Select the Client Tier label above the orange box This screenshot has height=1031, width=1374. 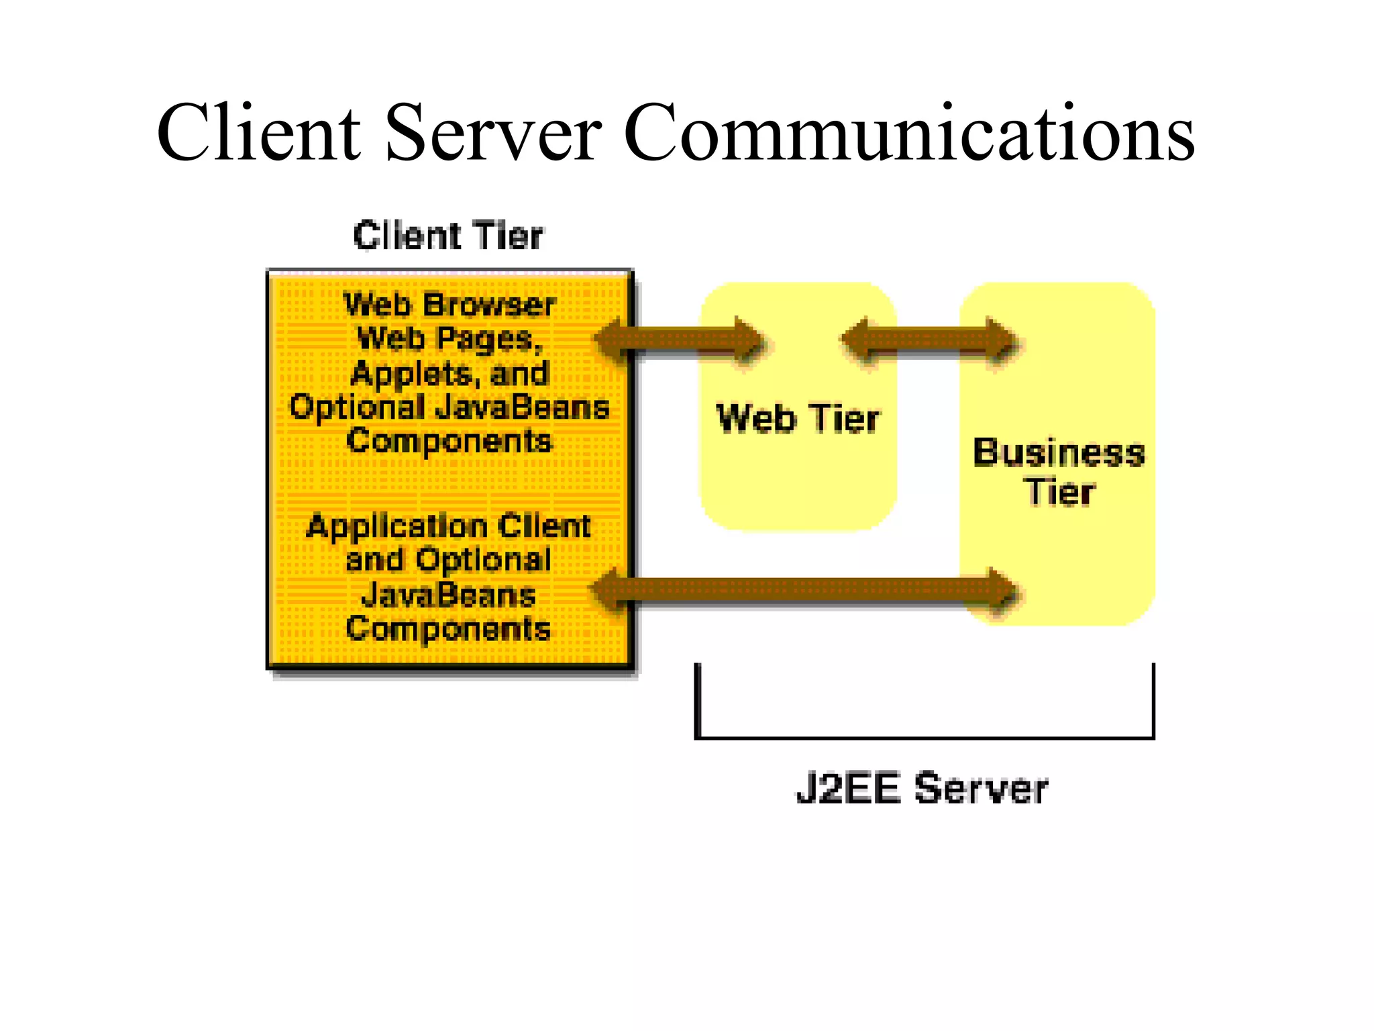coord(448,236)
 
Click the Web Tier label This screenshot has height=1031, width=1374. coord(798,419)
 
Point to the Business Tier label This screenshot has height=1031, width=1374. coord(1059,472)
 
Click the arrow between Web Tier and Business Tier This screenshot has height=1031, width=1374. coord(929,340)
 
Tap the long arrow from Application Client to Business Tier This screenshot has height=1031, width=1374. coord(805,590)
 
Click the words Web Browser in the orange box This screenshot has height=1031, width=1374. coord(449,305)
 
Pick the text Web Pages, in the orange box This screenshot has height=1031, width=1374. coord(449,339)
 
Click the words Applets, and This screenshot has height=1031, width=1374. coord(449,374)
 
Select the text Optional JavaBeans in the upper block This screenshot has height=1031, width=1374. coord(449,407)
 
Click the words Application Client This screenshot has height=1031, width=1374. coord(448,526)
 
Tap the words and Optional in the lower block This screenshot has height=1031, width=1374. coord(448,560)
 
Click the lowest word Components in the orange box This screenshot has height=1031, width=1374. coord(448,629)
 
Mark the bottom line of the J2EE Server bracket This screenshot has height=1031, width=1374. coord(924,738)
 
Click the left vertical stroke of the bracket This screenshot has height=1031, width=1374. coord(698,701)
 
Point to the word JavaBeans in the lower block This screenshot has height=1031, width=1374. coord(448,595)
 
